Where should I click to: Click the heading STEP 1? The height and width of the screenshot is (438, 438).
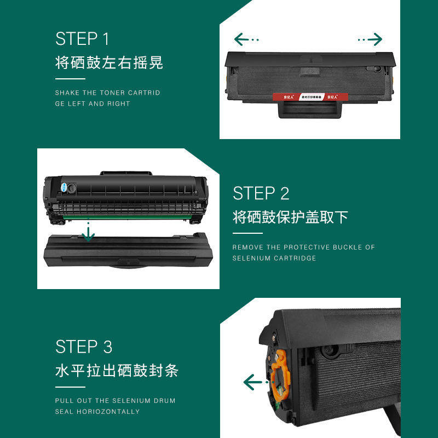(82, 39)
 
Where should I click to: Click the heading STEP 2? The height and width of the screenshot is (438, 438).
(261, 193)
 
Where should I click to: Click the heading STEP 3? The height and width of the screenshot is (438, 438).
(84, 347)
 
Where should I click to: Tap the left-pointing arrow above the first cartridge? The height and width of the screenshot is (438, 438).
(246, 39)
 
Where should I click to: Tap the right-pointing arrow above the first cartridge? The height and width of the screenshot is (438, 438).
(370, 39)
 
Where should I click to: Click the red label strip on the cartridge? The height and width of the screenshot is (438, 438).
(309, 97)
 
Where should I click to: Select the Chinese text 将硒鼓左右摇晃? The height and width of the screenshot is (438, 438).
(109, 62)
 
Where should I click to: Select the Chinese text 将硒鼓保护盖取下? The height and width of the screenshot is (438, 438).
(290, 217)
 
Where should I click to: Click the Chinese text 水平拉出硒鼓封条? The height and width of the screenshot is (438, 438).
(117, 371)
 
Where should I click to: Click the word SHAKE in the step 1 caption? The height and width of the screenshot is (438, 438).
(67, 93)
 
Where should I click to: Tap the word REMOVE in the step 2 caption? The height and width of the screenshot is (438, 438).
(248, 247)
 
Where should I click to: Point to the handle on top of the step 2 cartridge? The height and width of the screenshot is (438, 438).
(126, 174)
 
